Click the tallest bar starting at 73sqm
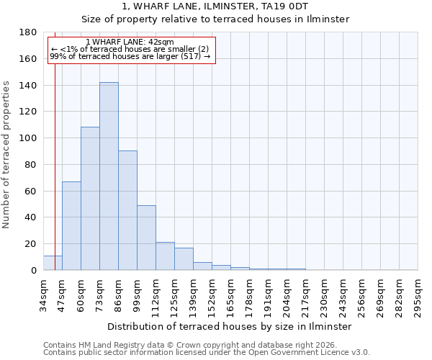click(109, 176)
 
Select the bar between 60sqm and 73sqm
click(90, 199)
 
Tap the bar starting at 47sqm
click(71, 226)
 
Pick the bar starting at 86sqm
click(127, 210)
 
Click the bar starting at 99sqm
click(146, 238)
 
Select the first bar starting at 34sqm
click(53, 263)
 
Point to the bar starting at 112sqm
click(165, 256)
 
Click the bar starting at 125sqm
click(184, 259)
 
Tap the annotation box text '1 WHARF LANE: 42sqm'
click(130, 42)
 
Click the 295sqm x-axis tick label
click(418, 295)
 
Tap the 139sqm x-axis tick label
click(193, 295)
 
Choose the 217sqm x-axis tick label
click(305, 295)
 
